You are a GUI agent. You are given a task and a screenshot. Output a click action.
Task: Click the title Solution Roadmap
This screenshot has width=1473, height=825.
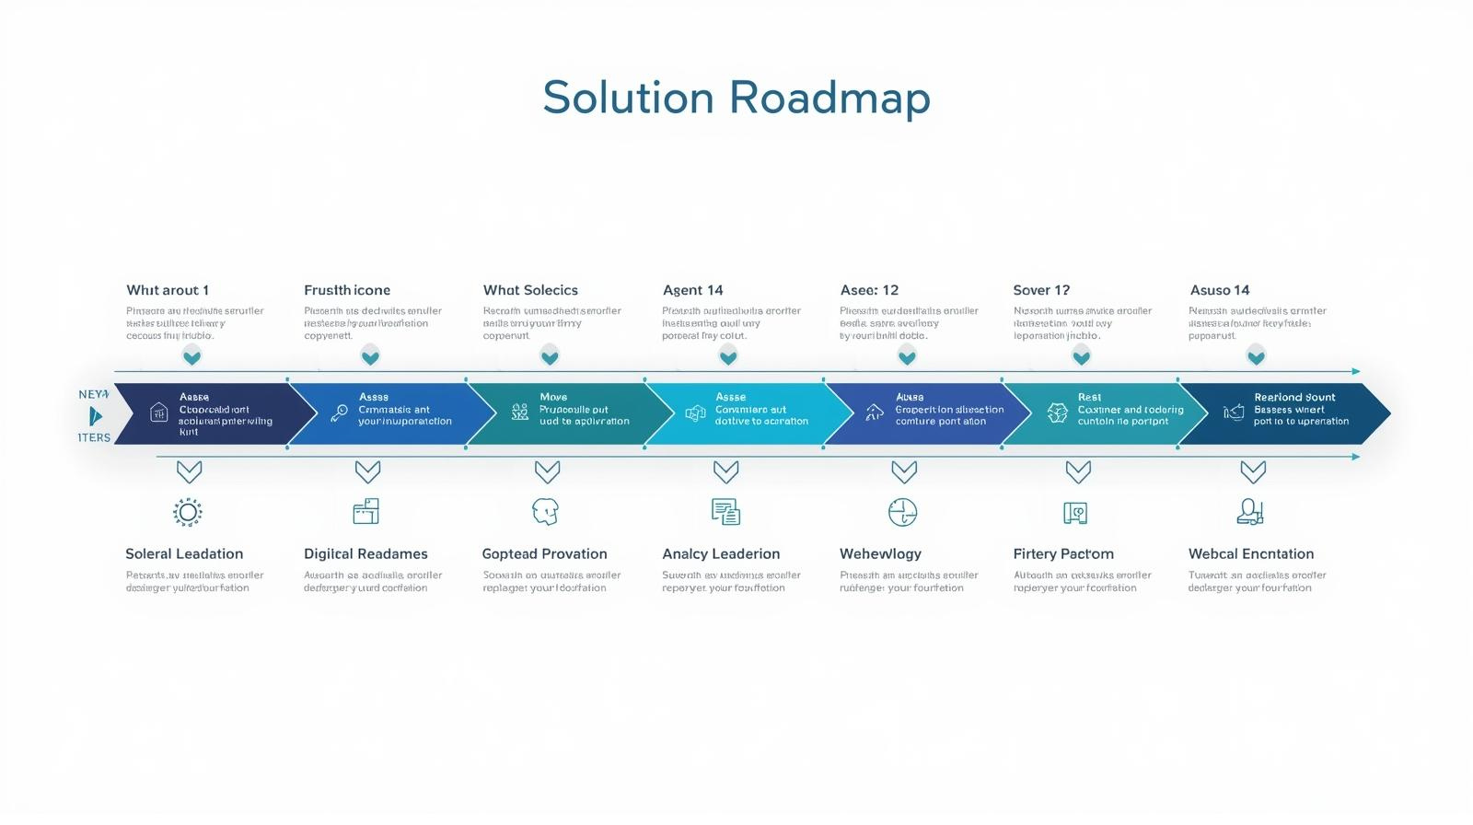[x=736, y=98]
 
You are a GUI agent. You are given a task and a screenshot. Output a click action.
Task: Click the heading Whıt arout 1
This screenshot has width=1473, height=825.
[x=168, y=290]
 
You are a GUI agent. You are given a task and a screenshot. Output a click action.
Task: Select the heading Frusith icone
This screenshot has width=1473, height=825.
[x=347, y=290]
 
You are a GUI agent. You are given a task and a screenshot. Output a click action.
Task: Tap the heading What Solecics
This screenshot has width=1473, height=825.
[x=530, y=290]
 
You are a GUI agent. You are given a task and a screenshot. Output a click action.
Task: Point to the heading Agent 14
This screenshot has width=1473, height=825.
[x=693, y=290]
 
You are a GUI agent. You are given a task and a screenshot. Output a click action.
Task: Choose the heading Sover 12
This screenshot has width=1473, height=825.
[x=1041, y=290]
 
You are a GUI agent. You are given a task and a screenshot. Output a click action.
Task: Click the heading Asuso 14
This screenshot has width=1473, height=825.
[x=1220, y=290]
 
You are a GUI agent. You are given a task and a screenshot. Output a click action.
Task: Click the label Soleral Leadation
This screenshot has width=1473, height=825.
[x=184, y=553]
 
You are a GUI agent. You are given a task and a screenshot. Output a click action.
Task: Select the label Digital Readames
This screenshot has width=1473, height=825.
[x=365, y=553]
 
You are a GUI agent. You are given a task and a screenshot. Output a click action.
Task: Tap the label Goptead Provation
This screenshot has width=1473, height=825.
[x=544, y=553]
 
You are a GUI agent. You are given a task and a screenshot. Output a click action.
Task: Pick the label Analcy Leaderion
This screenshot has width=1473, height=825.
[x=721, y=553]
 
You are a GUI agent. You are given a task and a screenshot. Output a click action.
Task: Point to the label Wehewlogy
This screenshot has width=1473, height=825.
[x=880, y=553]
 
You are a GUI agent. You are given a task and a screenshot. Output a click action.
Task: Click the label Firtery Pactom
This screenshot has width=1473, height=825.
[x=1063, y=553]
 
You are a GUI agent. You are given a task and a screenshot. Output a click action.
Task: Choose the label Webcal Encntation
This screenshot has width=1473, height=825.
[x=1251, y=553]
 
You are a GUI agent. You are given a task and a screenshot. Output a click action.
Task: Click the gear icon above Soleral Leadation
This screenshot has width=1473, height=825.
[x=188, y=512]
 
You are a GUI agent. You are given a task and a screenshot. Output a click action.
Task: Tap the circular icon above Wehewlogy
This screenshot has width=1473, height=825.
[x=903, y=512]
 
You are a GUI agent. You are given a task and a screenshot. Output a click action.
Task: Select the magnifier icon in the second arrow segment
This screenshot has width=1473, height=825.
[x=339, y=412]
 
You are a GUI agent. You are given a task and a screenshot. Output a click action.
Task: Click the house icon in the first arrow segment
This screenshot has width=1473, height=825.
[x=158, y=412]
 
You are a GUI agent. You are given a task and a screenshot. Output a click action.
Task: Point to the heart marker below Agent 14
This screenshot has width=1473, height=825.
[x=728, y=355]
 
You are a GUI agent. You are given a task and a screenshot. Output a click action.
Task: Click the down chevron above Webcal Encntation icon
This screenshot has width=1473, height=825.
[x=1253, y=472]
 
